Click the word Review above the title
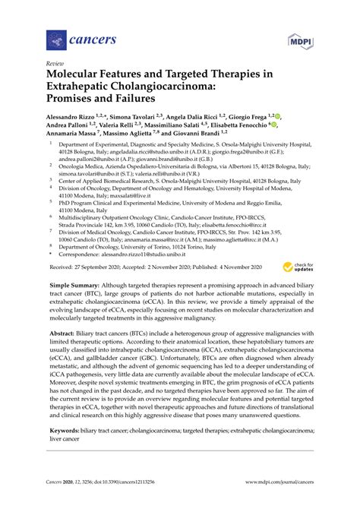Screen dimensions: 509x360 point(55,65)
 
